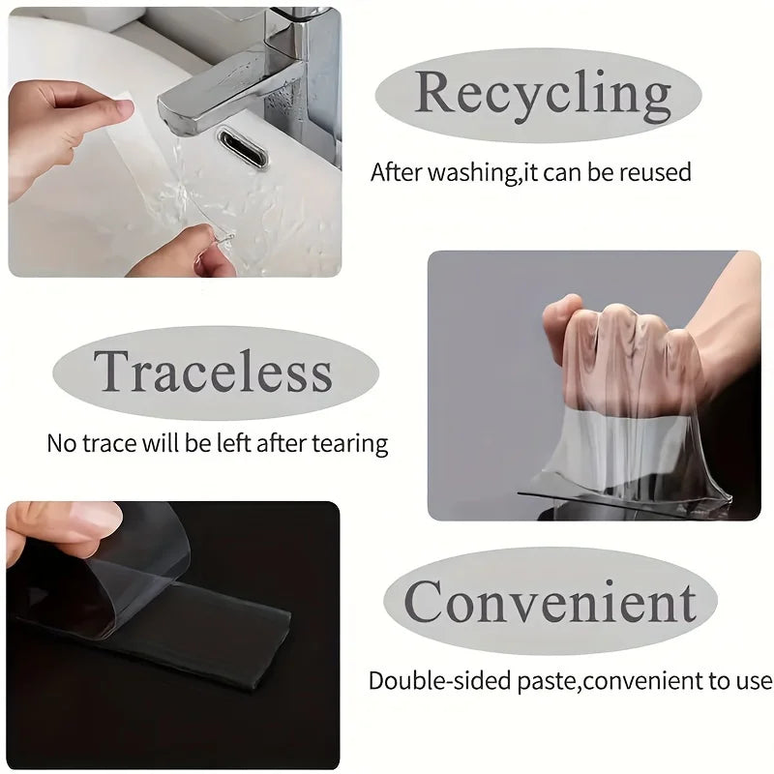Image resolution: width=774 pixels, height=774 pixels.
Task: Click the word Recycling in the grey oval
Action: pyautogui.click(x=543, y=96)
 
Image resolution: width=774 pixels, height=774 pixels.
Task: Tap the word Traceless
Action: pyautogui.click(x=213, y=372)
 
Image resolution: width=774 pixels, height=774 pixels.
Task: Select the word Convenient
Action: pyautogui.click(x=550, y=601)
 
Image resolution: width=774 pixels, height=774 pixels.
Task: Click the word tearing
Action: pyautogui.click(x=350, y=444)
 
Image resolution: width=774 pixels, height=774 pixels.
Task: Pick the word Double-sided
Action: pyautogui.click(x=440, y=681)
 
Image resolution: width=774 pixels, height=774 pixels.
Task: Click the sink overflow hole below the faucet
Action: pyautogui.click(x=244, y=147)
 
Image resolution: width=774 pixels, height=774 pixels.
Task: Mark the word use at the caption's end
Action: pyautogui.click(x=754, y=683)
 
